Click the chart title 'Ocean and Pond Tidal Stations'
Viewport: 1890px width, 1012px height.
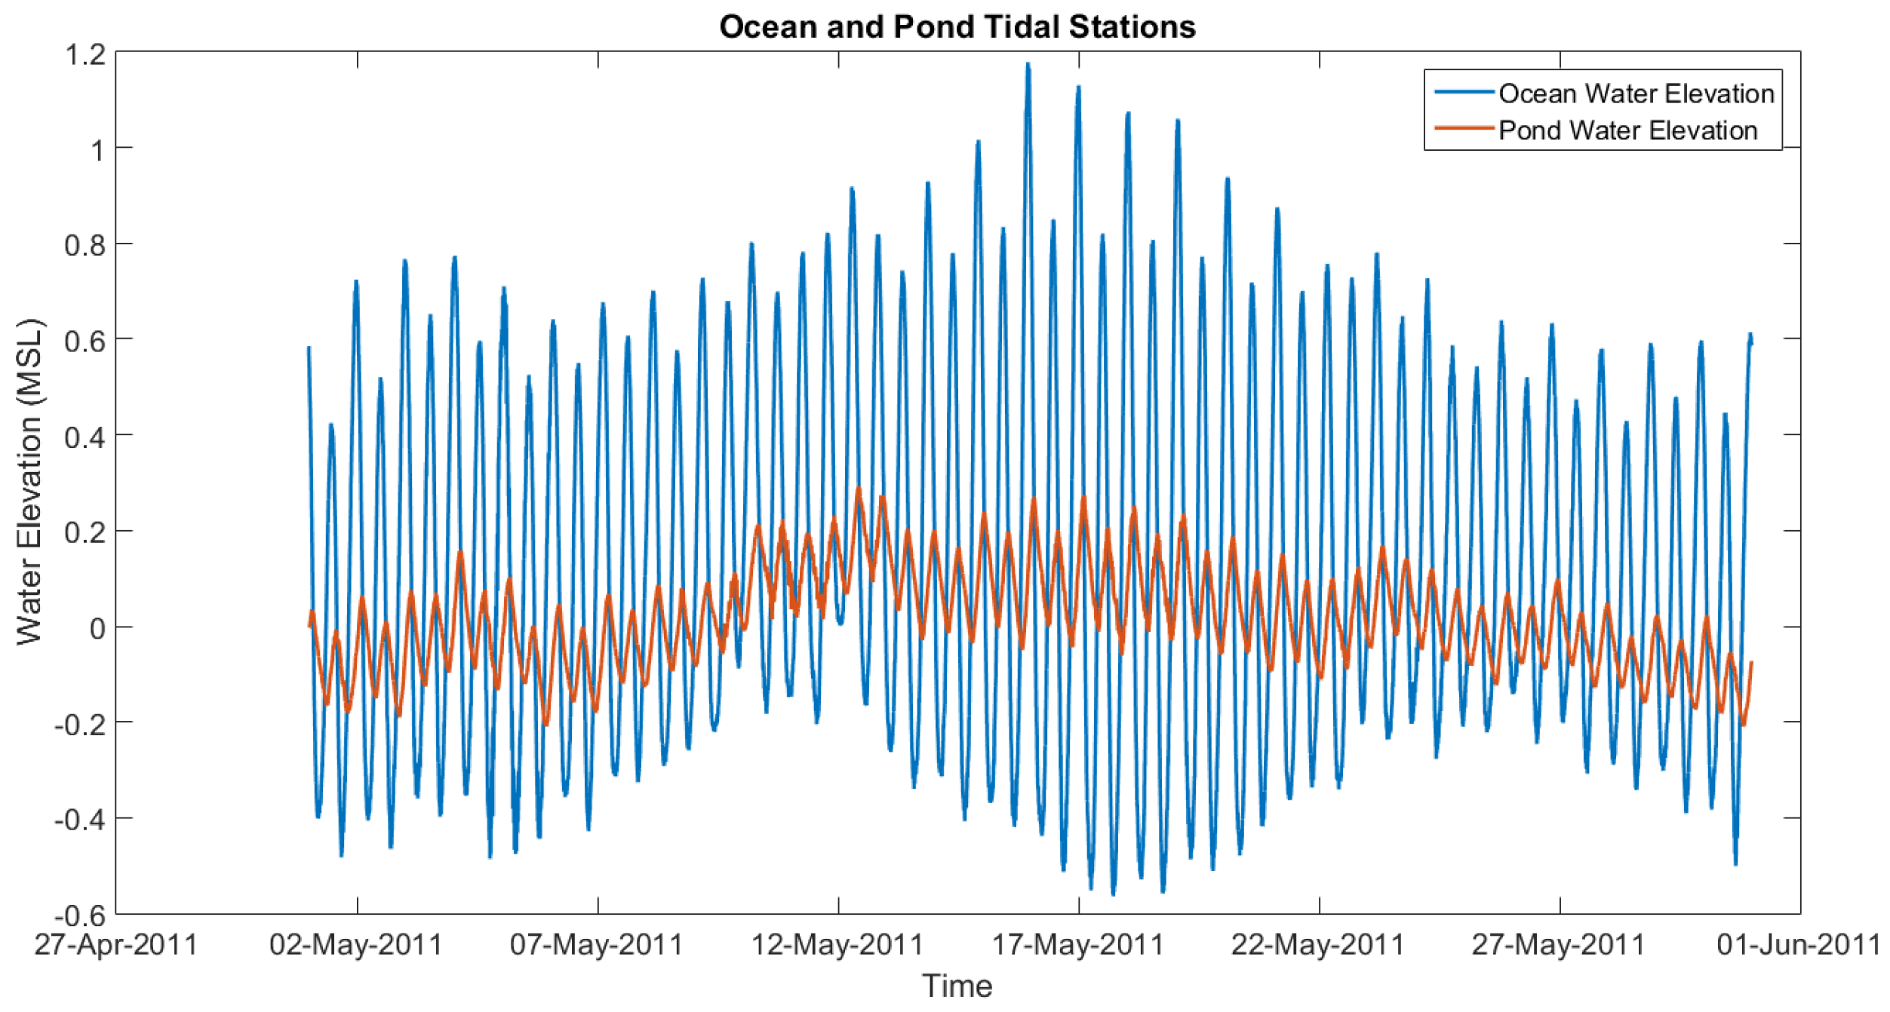click(957, 27)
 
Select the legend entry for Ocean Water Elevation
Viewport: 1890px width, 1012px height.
click(1636, 94)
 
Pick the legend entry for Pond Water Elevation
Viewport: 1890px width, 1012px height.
click(1627, 130)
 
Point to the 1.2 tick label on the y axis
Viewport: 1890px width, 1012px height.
click(85, 54)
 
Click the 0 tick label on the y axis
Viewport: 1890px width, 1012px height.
click(97, 628)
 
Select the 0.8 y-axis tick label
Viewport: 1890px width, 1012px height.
click(85, 245)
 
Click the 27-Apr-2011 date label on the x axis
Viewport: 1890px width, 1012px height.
click(115, 945)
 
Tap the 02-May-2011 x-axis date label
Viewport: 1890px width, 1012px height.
click(356, 945)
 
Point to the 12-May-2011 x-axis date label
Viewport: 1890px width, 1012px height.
click(837, 945)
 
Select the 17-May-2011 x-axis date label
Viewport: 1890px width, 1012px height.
click(1078, 945)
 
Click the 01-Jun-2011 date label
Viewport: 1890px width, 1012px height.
click(1799, 945)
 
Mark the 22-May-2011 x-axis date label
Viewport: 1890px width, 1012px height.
click(1318, 945)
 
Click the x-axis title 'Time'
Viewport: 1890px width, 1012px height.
click(957, 986)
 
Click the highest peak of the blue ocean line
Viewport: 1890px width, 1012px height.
click(1028, 66)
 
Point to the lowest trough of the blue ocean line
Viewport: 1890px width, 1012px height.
click(1113, 894)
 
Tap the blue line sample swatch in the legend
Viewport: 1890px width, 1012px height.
click(1464, 92)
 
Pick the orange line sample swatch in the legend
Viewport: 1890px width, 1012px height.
click(1464, 129)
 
